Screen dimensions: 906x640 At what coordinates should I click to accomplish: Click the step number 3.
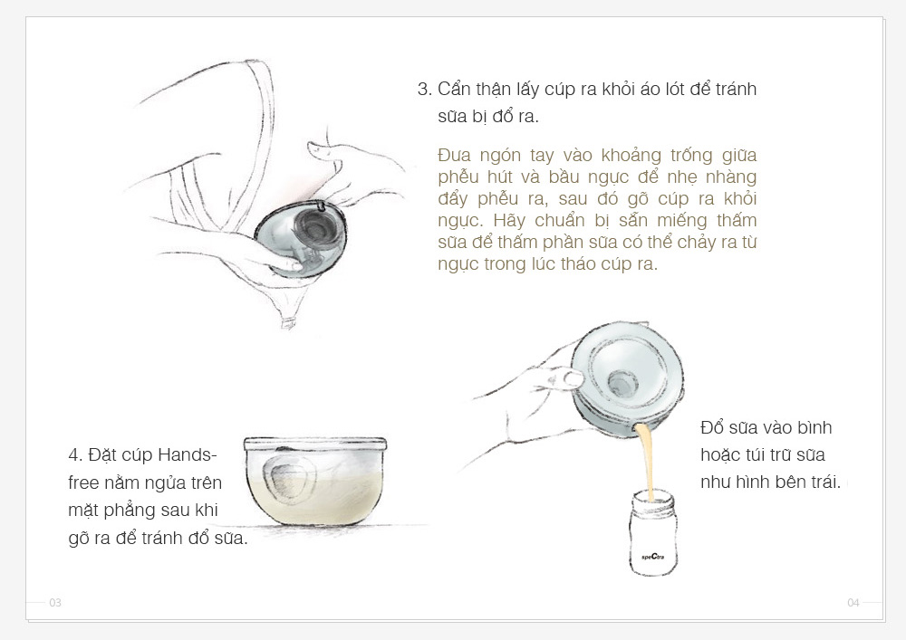tap(425, 90)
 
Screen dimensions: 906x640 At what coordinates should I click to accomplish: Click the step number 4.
tap(76, 455)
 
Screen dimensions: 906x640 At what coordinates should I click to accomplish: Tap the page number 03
tap(55, 603)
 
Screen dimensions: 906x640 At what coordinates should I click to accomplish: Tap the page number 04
tap(853, 603)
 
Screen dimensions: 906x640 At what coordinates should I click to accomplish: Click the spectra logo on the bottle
tap(653, 557)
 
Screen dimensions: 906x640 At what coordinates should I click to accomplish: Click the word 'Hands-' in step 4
tap(188, 455)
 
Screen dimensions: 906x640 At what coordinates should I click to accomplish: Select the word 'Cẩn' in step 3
tap(454, 90)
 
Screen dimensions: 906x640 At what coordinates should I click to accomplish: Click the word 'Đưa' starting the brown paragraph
tap(454, 155)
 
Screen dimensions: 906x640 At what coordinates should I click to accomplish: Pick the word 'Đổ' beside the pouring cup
tap(710, 427)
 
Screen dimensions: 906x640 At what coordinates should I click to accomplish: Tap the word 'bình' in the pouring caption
tap(814, 427)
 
